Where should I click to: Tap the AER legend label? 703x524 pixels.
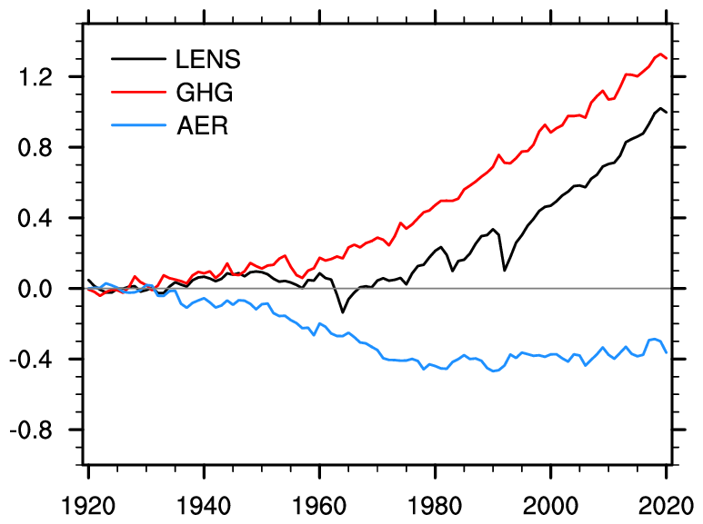click(x=202, y=125)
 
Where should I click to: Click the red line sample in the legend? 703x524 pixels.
click(x=138, y=92)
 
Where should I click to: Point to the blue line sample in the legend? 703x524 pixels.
click(x=138, y=125)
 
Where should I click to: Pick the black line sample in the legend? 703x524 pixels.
click(x=138, y=58)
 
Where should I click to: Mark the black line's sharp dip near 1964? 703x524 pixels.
click(x=343, y=312)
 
